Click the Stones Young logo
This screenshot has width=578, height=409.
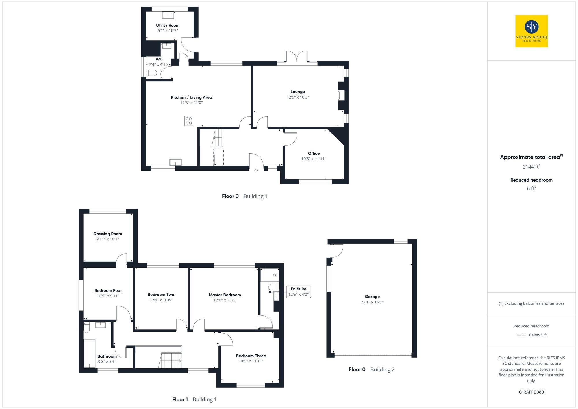(x=531, y=31)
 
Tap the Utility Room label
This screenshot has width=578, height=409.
(x=168, y=25)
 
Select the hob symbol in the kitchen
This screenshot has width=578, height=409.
(x=189, y=121)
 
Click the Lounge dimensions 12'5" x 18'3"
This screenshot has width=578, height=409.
(x=298, y=97)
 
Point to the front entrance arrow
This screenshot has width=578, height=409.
(x=256, y=170)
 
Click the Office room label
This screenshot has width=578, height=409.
(x=314, y=153)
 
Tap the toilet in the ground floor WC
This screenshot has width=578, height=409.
(x=151, y=73)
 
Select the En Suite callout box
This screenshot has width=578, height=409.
(x=298, y=292)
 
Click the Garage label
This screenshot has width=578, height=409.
(x=372, y=297)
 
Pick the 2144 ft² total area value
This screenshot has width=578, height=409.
(x=531, y=166)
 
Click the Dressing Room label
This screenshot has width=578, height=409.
(x=108, y=234)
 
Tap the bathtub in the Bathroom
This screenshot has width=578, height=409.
(x=89, y=353)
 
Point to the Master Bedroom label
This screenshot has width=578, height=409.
(x=225, y=295)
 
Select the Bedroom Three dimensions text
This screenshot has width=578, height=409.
(x=251, y=361)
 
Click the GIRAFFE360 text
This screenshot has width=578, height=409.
(x=531, y=392)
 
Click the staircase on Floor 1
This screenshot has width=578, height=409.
(x=171, y=360)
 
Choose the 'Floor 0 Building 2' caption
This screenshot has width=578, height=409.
(x=371, y=369)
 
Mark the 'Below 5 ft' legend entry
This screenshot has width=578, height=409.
(x=538, y=335)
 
